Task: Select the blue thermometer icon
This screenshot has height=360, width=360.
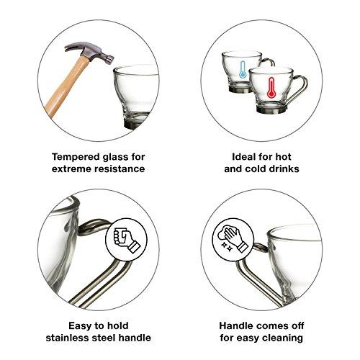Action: (243, 69)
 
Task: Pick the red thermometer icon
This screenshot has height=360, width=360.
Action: (271, 87)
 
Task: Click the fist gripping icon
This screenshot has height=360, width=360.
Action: (127, 240)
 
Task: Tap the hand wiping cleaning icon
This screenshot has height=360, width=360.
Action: (232, 238)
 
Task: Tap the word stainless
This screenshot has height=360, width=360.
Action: (67, 338)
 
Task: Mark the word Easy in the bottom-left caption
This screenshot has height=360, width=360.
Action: (80, 326)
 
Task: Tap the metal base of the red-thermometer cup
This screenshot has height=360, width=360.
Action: (271, 110)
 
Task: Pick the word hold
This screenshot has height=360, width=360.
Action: (117, 325)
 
